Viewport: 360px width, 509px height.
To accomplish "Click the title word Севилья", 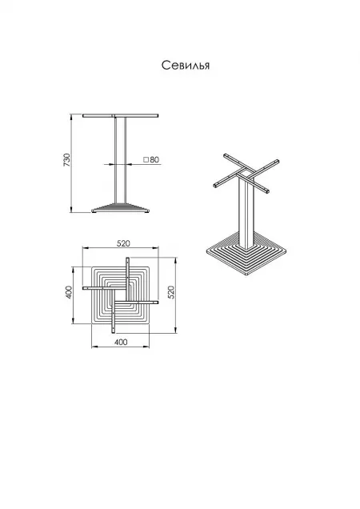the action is click(x=186, y=66).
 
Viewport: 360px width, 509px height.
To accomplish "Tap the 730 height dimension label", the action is click(x=66, y=160).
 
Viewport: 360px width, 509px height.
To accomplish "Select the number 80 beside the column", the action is click(x=154, y=160).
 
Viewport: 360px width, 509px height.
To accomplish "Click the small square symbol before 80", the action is click(x=146, y=160).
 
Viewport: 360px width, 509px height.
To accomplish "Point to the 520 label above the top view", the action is click(x=123, y=243).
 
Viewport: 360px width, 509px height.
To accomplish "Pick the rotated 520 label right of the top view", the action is click(x=171, y=292).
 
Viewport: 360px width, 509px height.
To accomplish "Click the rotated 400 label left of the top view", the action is click(x=69, y=292).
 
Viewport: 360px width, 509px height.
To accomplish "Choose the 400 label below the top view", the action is click(x=121, y=343).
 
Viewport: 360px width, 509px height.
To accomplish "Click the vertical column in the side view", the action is click(x=121, y=161).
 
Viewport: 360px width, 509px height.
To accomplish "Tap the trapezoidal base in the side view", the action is click(x=121, y=208).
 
